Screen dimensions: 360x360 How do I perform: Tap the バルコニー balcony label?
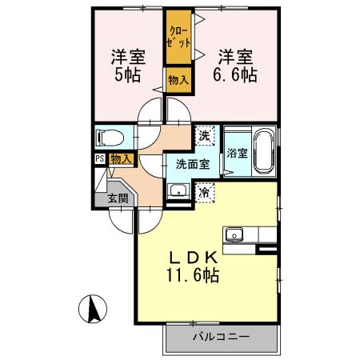219,337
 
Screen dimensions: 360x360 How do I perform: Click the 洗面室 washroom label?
192,164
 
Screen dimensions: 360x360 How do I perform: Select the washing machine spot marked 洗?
206,135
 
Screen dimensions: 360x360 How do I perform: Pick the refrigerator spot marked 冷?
206,191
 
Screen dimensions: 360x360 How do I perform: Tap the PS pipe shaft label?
99,158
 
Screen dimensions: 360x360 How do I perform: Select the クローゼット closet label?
178,38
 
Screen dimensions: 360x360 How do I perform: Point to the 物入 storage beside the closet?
178,78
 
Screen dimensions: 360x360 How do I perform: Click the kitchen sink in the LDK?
234,234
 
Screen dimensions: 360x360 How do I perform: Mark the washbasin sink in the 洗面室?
178,190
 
